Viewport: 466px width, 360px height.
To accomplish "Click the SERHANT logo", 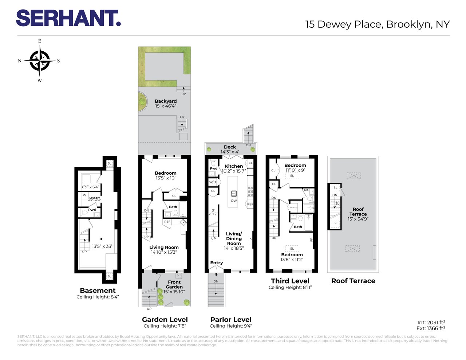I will tap(68, 18).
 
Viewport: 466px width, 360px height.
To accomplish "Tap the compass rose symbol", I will tap(39, 61).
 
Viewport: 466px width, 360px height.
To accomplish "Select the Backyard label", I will tap(166, 101).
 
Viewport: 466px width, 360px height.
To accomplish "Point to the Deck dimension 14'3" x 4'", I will tap(230, 152).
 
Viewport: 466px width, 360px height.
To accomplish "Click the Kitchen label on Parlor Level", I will tap(234, 166).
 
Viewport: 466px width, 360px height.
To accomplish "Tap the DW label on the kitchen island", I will tap(234, 201).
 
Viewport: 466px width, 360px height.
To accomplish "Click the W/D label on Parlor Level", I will tap(213, 182).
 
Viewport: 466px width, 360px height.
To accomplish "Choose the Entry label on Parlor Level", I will tap(216, 263).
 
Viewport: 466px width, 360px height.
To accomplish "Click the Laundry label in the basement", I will tap(94, 198).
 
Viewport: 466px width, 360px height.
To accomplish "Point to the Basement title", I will tap(98, 290).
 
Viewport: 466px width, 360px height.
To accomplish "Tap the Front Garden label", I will tap(174, 284).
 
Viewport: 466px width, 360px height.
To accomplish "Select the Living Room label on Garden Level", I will tap(164, 247).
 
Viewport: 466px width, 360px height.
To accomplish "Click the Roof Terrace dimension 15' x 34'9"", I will tap(358, 219).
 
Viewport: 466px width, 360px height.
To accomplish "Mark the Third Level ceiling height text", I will tap(290, 288).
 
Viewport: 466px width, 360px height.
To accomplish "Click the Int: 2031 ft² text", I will tap(431, 323).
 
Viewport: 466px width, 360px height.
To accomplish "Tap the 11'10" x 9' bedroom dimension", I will tap(295, 170).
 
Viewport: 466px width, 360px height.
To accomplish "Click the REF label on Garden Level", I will tap(167, 222).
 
